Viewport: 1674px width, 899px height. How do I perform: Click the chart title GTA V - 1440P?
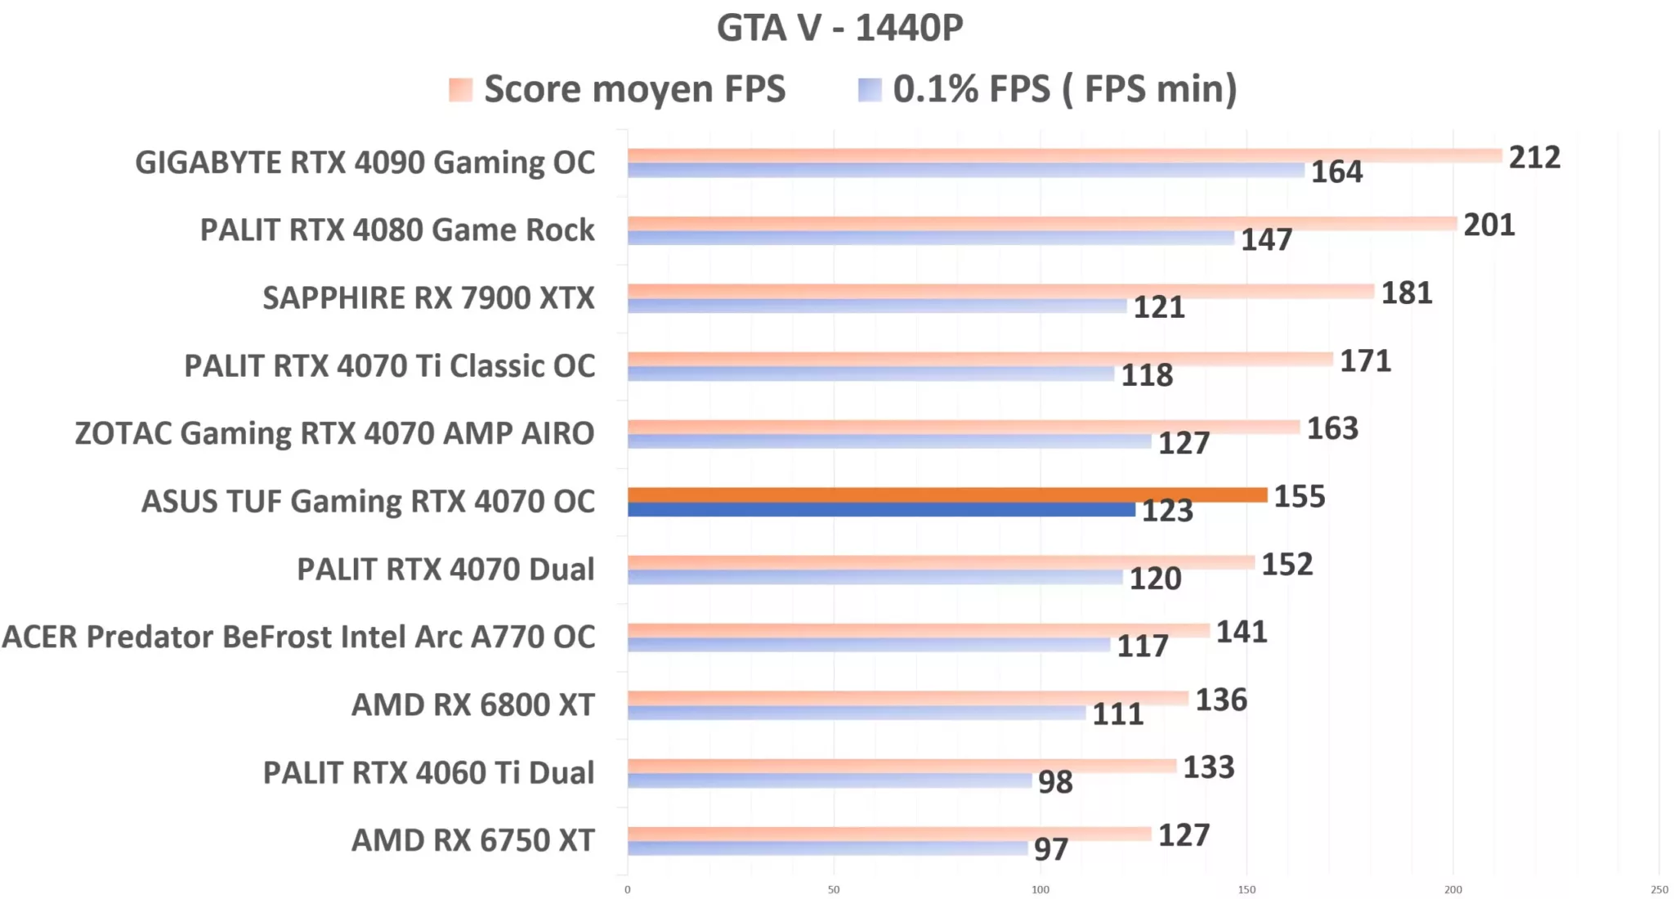point(839,28)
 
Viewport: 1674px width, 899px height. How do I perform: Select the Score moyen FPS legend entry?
point(617,89)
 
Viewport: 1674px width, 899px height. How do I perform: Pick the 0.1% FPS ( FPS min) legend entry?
point(1048,89)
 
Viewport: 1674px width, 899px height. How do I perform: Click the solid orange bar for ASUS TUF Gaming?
point(947,494)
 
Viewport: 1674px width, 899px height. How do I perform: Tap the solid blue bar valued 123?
point(881,510)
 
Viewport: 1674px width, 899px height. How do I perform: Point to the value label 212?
point(1533,157)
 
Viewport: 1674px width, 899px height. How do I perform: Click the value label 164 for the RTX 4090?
point(1336,172)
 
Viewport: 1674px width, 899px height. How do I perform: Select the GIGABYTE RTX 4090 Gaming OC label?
point(365,163)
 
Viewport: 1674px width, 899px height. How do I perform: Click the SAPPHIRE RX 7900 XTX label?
point(428,298)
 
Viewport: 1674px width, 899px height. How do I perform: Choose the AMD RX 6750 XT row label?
point(472,840)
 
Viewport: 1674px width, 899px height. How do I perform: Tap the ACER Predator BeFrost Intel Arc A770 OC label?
point(298,637)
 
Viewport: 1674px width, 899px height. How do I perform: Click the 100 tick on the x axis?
point(1040,889)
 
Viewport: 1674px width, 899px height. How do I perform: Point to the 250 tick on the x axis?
point(1658,889)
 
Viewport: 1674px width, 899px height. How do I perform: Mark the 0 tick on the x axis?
point(627,889)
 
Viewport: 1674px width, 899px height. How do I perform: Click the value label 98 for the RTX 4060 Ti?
point(1054,782)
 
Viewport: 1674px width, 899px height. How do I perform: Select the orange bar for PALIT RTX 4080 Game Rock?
point(1041,223)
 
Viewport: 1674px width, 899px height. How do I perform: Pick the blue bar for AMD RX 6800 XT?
point(856,713)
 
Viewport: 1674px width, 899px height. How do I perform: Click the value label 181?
point(1406,293)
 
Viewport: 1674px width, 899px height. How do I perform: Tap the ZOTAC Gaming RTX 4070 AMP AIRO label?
point(334,433)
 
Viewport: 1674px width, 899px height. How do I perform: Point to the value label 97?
point(1050,850)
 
